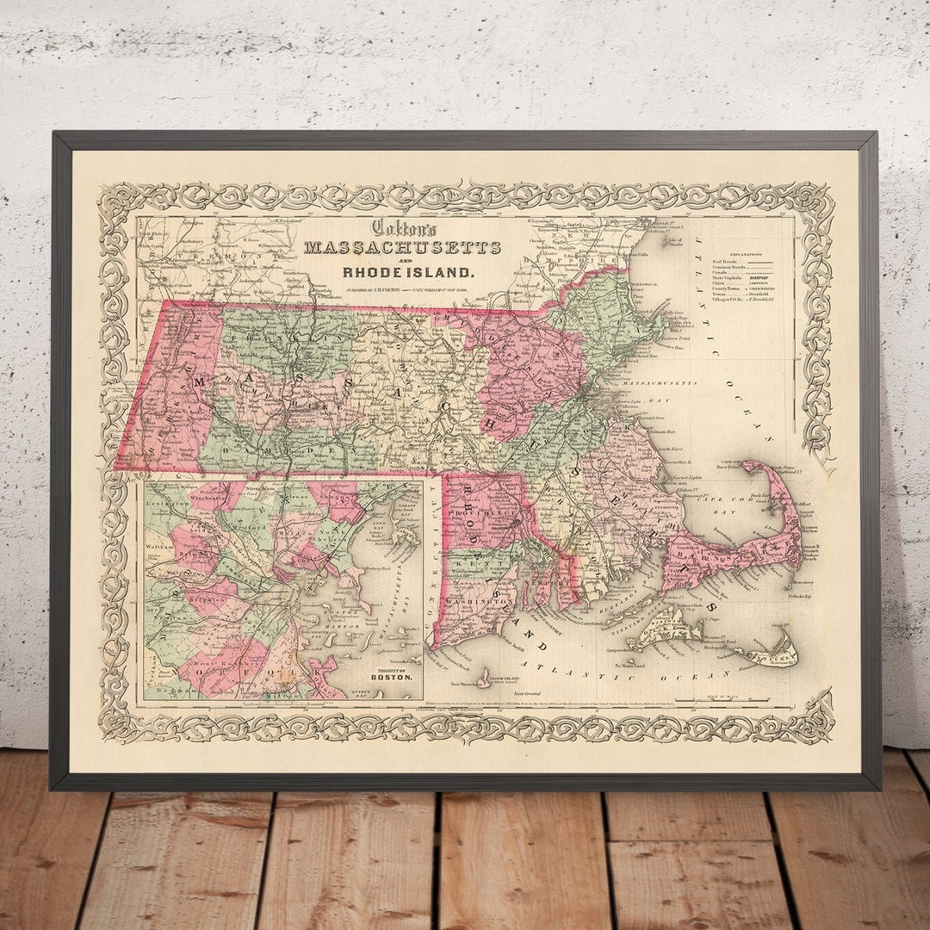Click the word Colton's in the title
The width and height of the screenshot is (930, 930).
pyautogui.click(x=404, y=228)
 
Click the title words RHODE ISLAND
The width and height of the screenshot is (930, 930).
pyautogui.click(x=408, y=272)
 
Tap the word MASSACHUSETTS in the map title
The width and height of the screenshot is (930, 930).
pyautogui.click(x=403, y=248)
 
